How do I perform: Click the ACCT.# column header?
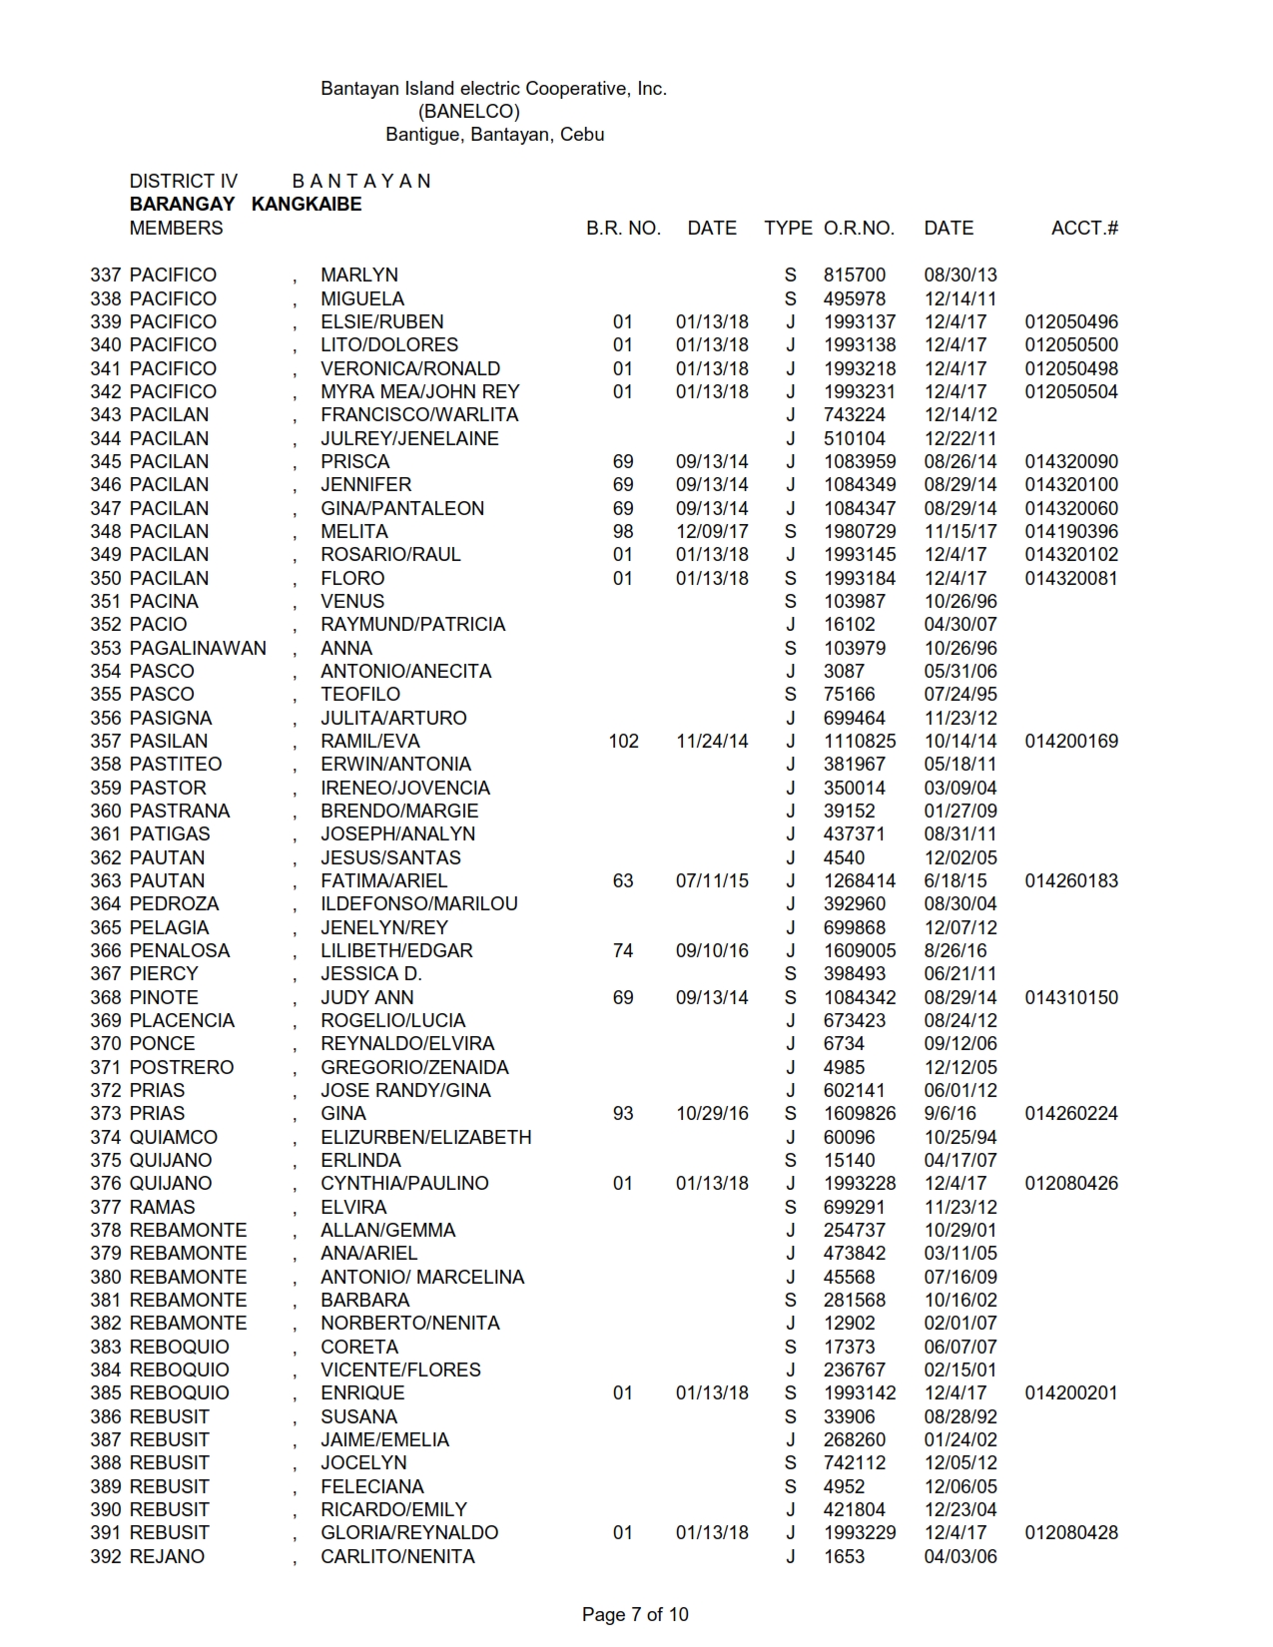[x=1084, y=228]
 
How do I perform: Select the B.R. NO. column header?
[x=623, y=228]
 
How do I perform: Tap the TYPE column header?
[x=788, y=228]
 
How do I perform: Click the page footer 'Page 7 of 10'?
[x=635, y=1614]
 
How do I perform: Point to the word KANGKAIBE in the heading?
[x=307, y=205]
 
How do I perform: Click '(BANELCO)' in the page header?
[x=468, y=112]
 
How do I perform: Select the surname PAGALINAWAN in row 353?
[x=198, y=648]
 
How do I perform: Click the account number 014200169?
[x=1071, y=741]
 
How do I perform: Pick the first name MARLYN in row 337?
[x=359, y=274]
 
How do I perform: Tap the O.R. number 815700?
[x=854, y=274]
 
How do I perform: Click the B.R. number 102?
[x=623, y=741]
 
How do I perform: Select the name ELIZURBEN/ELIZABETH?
[x=425, y=1137]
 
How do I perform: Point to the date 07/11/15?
[x=712, y=880]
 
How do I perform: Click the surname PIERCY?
[x=164, y=973]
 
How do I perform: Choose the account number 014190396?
[x=1071, y=531]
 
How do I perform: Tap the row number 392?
[x=106, y=1556]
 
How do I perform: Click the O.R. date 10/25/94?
[x=959, y=1137]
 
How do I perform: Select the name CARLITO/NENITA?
[x=397, y=1556]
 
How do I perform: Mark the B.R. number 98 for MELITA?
[x=623, y=531]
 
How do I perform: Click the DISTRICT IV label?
[x=184, y=181]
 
